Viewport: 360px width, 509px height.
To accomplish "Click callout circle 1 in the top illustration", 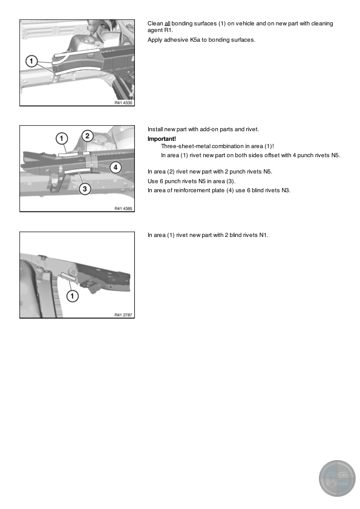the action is click(31, 61).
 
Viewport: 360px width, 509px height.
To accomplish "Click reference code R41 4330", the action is click(123, 103).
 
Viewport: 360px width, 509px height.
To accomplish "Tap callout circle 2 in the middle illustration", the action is click(87, 135).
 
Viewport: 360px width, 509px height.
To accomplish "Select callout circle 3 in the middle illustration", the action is click(85, 189).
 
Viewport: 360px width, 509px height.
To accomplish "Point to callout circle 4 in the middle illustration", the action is click(115, 167).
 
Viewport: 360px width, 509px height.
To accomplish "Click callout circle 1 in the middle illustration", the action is click(62, 138).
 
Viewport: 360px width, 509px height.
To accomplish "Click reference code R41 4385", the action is click(123, 209).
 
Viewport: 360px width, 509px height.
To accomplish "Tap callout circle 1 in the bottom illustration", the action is click(72, 296).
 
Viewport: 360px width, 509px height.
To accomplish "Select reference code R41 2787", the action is click(123, 314).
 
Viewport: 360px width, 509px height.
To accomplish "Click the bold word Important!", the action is click(162, 139).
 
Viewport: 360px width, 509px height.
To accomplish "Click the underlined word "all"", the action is click(168, 24).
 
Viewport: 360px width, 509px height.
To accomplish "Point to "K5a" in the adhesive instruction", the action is click(195, 40).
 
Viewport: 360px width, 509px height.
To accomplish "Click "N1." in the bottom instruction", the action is click(264, 235).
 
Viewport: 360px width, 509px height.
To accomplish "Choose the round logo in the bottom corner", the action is click(337, 478).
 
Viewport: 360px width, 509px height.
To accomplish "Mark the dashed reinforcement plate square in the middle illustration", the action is click(92, 161).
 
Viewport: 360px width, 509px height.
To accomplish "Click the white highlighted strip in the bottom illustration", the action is click(68, 277).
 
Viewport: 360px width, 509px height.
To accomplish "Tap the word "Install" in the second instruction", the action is click(155, 129).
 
